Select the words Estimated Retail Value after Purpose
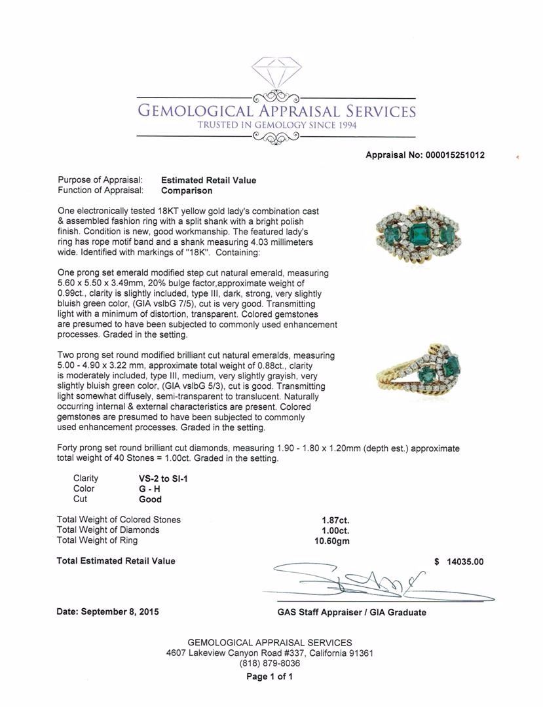(208, 180)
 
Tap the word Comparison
(187, 190)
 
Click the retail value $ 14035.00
(459, 561)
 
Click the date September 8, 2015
(107, 612)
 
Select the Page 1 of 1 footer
(270, 677)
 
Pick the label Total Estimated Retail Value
(116, 561)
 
